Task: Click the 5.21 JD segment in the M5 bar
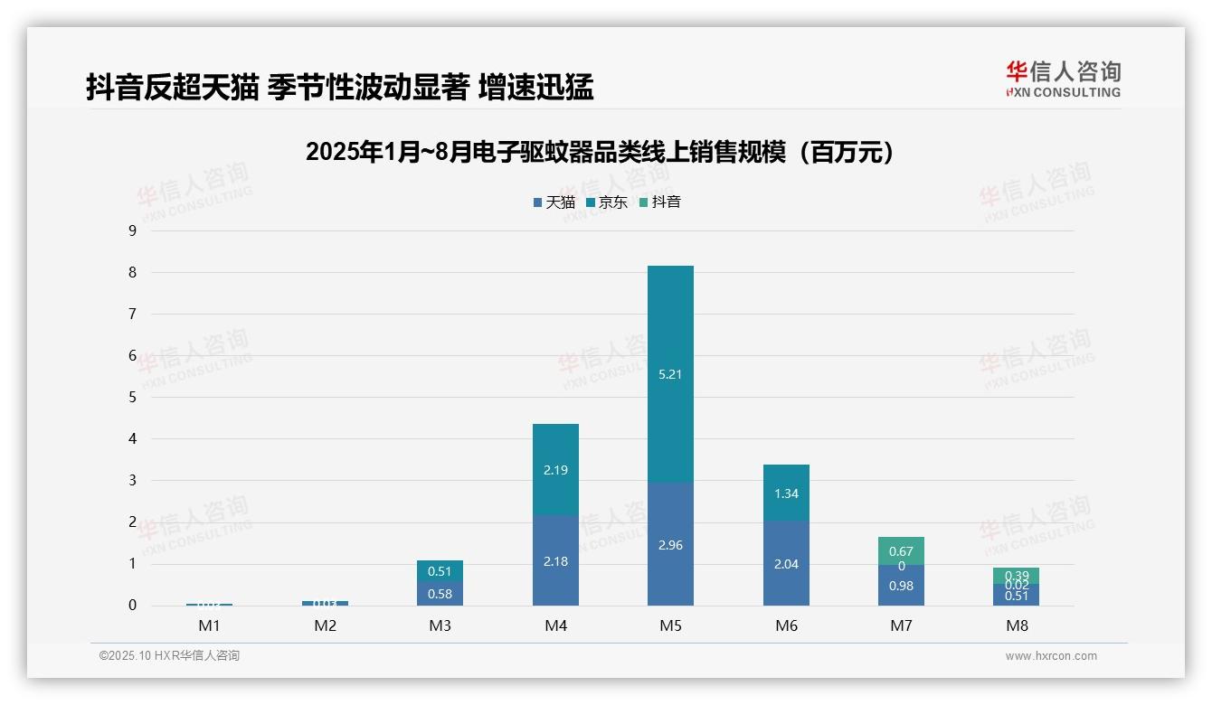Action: (x=670, y=374)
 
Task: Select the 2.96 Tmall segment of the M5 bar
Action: (x=670, y=544)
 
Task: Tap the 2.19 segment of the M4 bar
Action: (x=555, y=470)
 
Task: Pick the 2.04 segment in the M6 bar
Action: (x=786, y=563)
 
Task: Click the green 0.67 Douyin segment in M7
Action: (x=901, y=550)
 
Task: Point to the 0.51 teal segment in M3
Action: (x=440, y=571)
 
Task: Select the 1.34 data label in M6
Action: (x=786, y=493)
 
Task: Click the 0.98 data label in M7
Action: (x=901, y=586)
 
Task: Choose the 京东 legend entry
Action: (x=607, y=202)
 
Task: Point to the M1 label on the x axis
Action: (x=209, y=625)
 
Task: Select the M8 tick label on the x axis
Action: (x=1016, y=625)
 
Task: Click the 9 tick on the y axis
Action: (x=132, y=230)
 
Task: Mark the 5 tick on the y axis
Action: (x=132, y=397)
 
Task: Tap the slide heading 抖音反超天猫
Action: (x=339, y=87)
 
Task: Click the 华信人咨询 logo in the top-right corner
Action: (x=1063, y=79)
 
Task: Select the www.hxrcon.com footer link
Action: (x=1051, y=656)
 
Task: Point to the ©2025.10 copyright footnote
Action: (x=169, y=656)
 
